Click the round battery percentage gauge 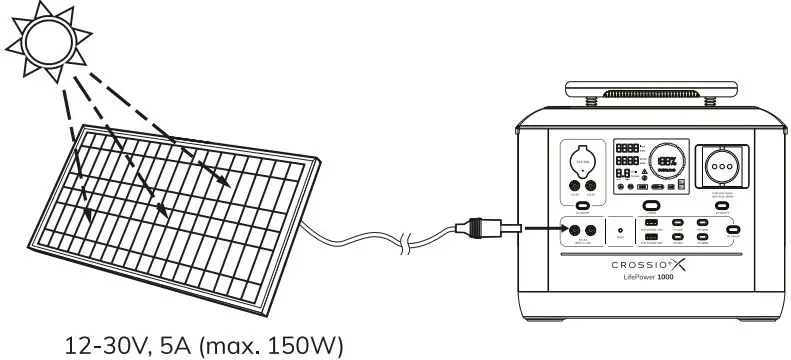point(668,160)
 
